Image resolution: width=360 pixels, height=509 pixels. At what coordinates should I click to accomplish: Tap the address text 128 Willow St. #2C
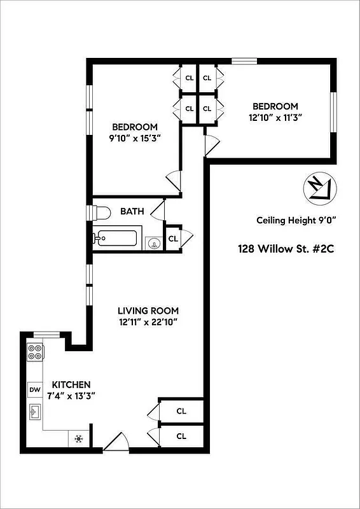click(286, 249)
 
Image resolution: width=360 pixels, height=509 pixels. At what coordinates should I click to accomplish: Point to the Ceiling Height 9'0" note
click(296, 221)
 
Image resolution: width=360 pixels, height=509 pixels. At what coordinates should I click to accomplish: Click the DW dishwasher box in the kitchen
click(34, 390)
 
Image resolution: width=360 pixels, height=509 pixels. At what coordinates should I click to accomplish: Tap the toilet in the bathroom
click(101, 211)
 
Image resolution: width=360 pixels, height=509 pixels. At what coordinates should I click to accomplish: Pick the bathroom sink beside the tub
click(153, 242)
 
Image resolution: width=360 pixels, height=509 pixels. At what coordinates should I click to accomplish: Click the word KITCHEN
click(71, 385)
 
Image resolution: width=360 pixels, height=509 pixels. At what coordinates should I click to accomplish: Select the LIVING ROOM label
click(148, 310)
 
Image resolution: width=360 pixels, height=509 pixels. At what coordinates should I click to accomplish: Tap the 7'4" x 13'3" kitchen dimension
click(71, 396)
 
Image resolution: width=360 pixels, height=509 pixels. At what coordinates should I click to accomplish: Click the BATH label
click(132, 211)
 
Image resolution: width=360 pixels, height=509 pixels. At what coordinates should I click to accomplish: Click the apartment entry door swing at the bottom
click(115, 442)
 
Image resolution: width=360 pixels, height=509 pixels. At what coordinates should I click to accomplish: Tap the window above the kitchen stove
click(46, 333)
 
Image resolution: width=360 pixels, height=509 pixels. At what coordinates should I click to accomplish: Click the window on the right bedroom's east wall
click(332, 112)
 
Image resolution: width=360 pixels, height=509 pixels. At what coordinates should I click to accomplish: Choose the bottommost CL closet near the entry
click(181, 436)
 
